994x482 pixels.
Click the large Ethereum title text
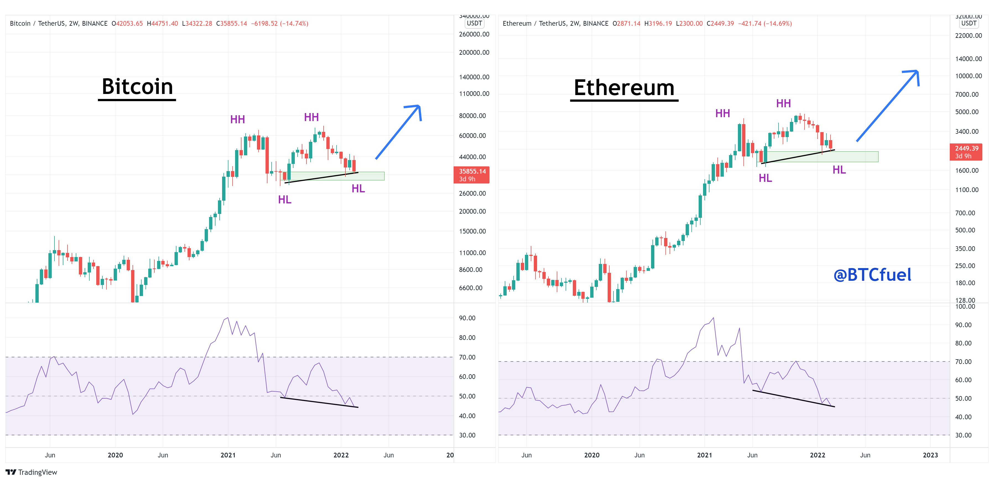pyautogui.click(x=624, y=88)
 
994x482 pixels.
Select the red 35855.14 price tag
pyautogui.click(x=472, y=175)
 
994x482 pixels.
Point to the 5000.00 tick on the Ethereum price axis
pyautogui.click(x=967, y=112)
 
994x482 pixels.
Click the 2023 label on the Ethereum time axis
pyautogui.click(x=930, y=455)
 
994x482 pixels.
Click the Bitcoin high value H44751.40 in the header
pyautogui.click(x=162, y=23)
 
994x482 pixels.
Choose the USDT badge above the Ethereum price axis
pyautogui.click(x=969, y=23)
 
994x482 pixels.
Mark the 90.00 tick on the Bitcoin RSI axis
pyautogui.click(x=467, y=318)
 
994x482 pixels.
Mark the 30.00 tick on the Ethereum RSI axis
pyautogui.click(x=963, y=435)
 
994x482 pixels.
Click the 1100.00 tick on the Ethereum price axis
pyautogui.click(x=967, y=190)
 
